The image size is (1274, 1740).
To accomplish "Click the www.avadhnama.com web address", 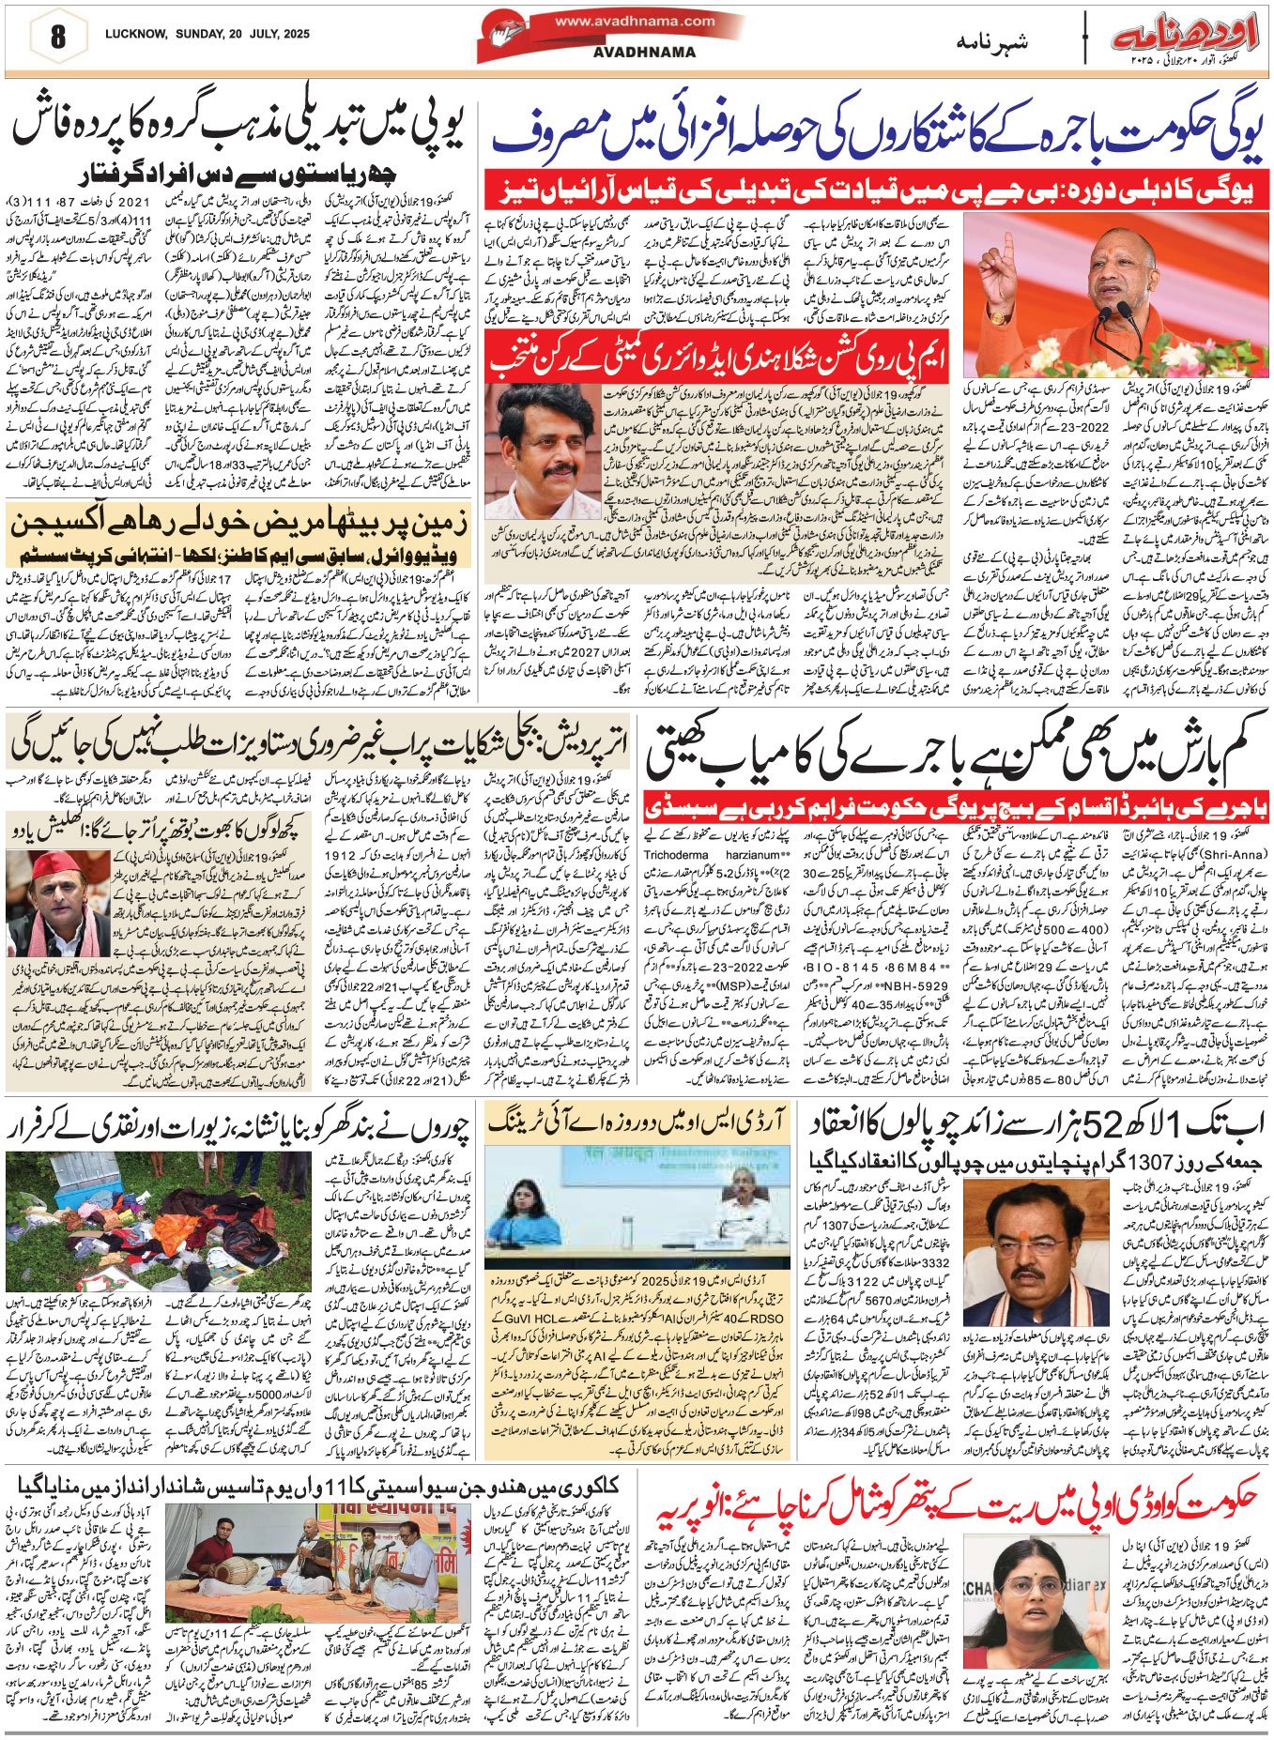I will point(634,21).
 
